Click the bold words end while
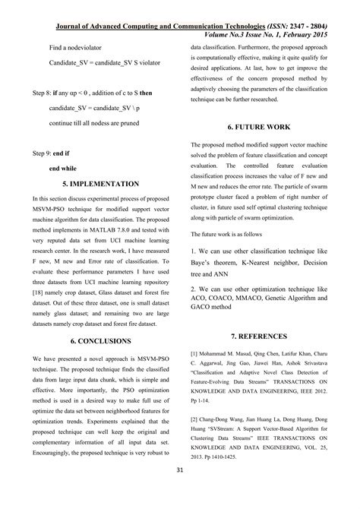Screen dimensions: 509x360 63,168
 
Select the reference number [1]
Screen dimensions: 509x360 194,353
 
